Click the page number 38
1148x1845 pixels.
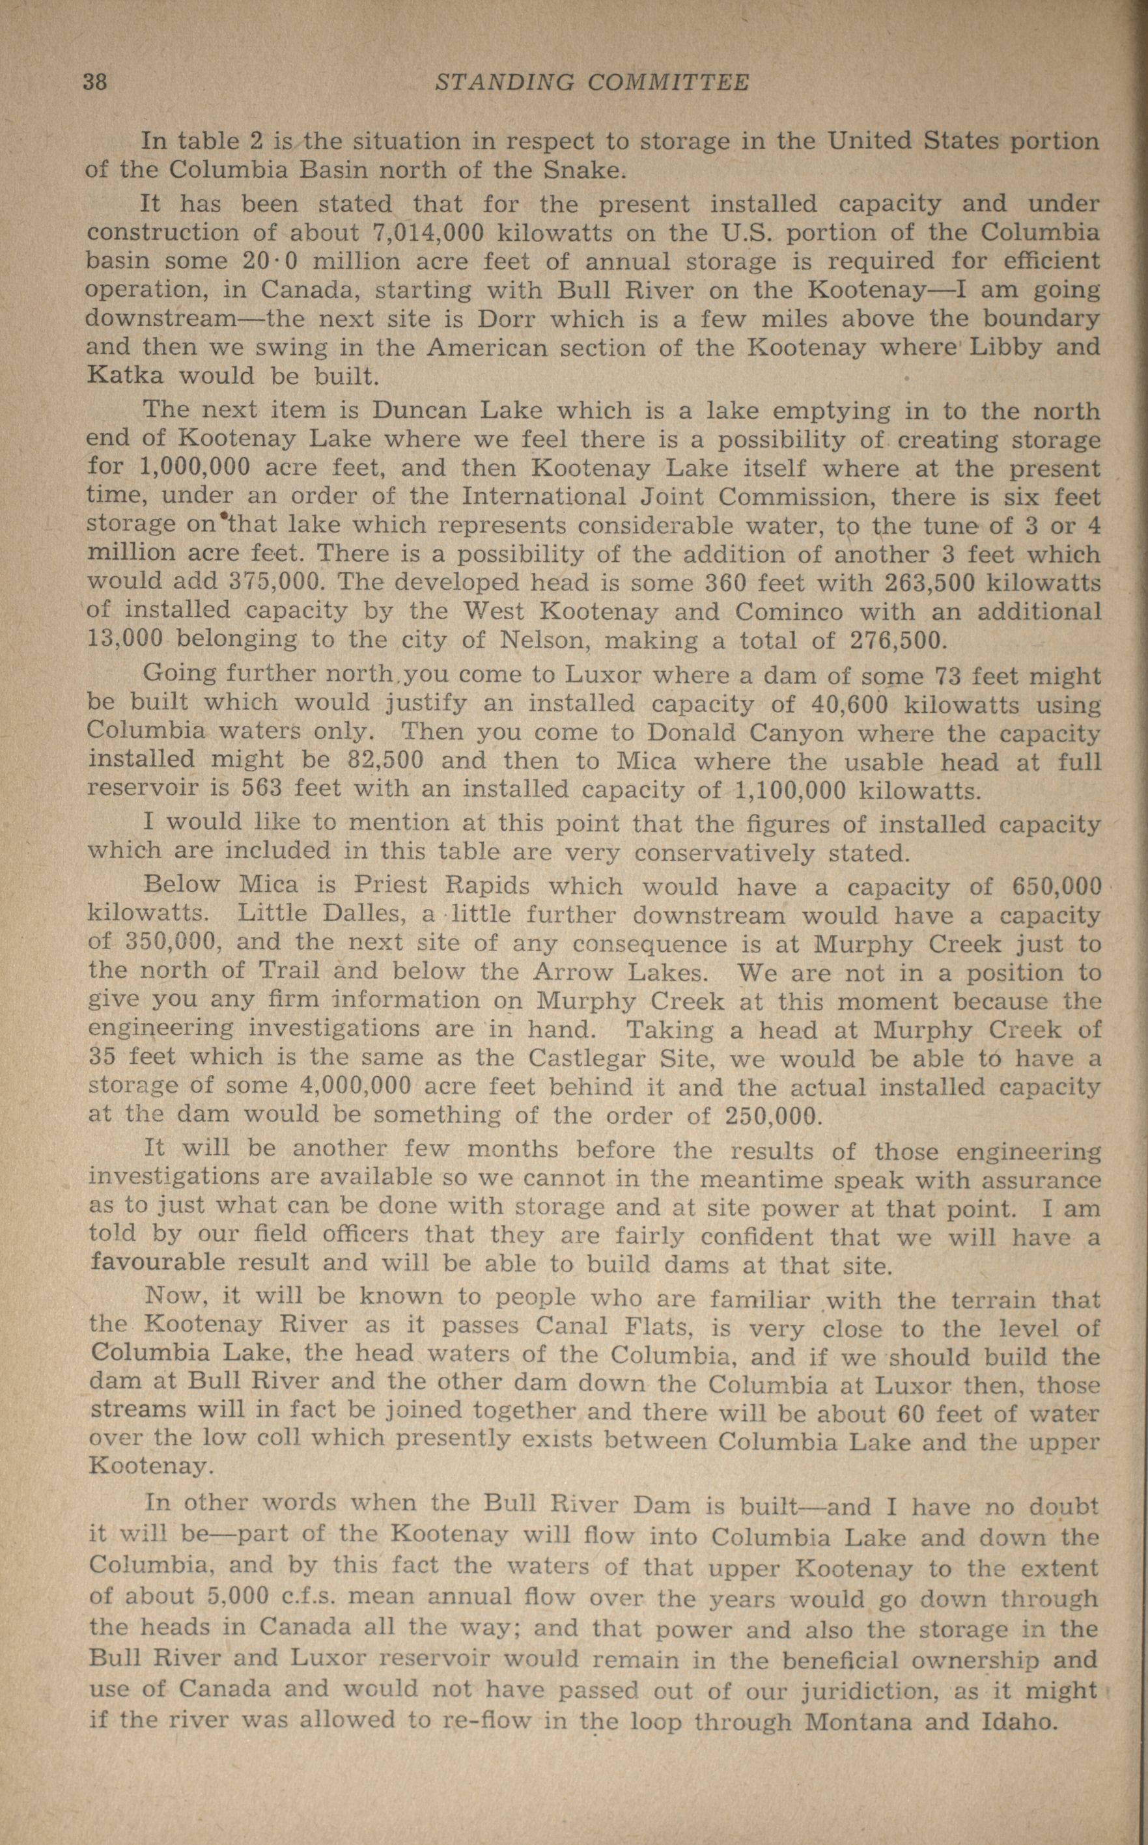click(x=95, y=82)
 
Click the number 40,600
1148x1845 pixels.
click(x=850, y=704)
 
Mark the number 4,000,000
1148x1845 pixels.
click(x=356, y=1087)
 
